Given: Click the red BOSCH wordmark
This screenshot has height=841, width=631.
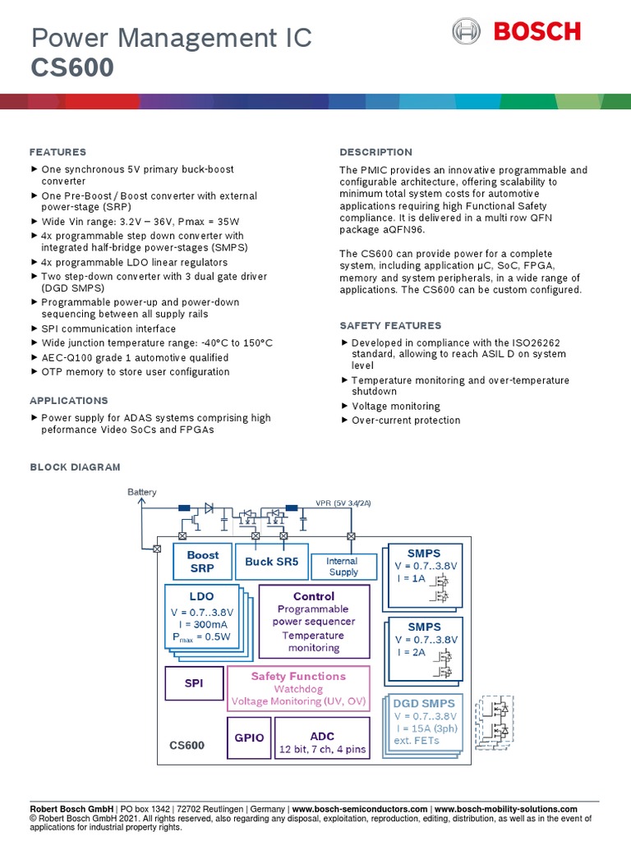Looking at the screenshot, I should (537, 32).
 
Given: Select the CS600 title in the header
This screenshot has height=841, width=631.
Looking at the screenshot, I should (72, 67).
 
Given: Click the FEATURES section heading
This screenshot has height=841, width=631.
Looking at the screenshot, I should (58, 152).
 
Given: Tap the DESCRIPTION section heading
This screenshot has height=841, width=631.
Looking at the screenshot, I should (375, 152).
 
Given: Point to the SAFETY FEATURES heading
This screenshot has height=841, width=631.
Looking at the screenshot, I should (390, 325).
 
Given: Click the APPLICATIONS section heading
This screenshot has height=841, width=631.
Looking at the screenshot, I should (68, 401).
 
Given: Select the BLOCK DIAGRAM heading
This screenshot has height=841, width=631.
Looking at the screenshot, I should (75, 466).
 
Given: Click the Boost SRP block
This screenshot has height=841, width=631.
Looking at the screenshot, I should (203, 562).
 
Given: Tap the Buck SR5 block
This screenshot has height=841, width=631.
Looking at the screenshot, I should (272, 562).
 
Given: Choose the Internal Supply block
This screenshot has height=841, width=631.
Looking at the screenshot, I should (343, 567).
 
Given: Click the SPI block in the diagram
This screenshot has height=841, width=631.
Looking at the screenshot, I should (194, 683).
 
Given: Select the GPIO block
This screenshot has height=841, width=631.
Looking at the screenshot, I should (249, 738).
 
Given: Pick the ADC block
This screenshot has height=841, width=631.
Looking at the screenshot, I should (322, 737).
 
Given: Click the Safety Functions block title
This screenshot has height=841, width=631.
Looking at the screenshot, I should (298, 676).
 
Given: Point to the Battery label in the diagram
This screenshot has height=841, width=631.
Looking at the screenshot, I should (141, 492).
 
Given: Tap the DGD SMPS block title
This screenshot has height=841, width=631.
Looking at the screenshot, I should (423, 703).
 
